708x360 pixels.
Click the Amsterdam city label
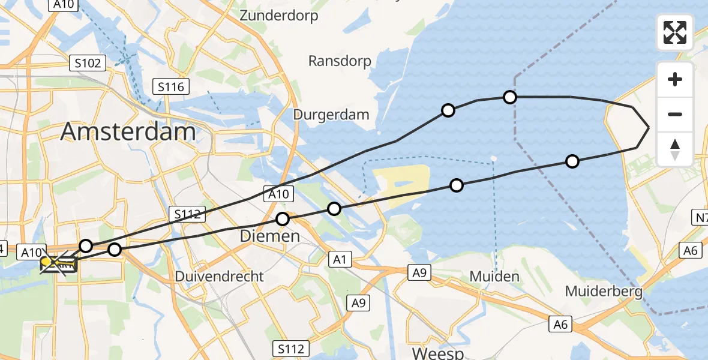(128, 131)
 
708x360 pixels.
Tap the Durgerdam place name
(331, 114)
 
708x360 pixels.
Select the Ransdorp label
(340, 61)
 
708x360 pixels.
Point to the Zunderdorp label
(278, 16)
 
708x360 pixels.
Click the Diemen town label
(269, 236)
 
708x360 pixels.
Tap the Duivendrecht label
(219, 277)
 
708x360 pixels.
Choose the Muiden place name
(495, 277)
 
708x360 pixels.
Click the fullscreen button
(675, 32)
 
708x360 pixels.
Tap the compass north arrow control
(675, 149)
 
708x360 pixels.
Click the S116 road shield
(171, 87)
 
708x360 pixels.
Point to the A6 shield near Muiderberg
(560, 325)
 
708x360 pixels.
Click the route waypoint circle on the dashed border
(509, 97)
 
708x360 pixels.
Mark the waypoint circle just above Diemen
(283, 220)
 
